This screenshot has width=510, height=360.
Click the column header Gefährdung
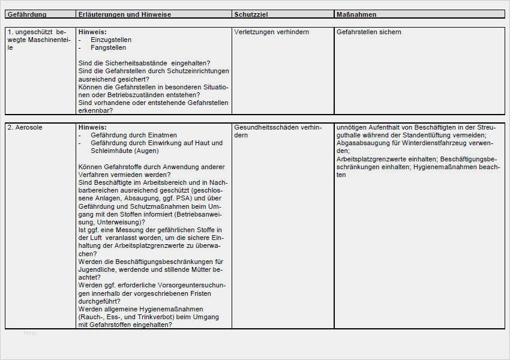pos(27,14)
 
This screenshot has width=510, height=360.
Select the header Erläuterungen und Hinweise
pos(125,14)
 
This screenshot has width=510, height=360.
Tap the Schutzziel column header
pos(251,14)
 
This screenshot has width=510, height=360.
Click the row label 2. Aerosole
pos(25,127)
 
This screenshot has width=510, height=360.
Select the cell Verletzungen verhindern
pos(272,32)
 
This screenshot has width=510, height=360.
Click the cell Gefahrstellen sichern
pos(369,32)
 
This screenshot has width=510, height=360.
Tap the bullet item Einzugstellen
pos(111,40)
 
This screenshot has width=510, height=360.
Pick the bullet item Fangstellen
pos(108,47)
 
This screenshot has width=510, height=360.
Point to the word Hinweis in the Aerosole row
pos(92,127)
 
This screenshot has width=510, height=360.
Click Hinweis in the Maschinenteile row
pos(92,32)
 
